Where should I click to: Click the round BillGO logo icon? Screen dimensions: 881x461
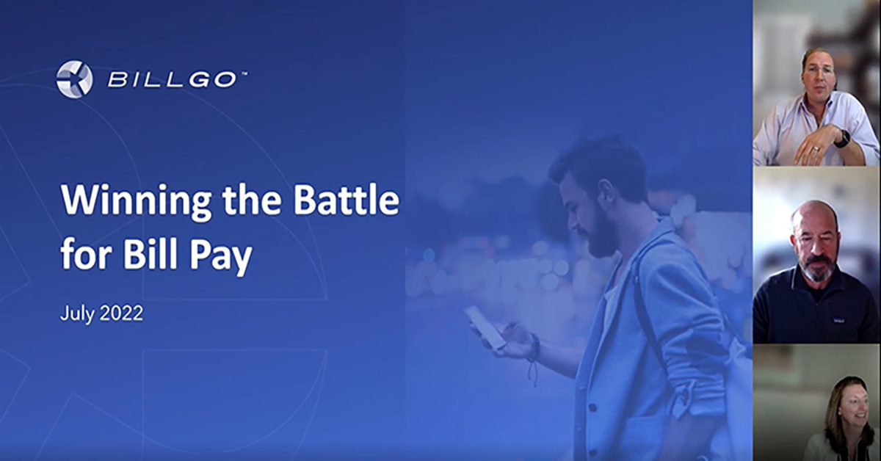tap(74, 79)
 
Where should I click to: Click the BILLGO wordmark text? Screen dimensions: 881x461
tap(173, 80)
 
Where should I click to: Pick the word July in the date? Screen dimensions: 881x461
tap(77, 314)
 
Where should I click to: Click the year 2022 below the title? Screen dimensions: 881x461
tap(122, 314)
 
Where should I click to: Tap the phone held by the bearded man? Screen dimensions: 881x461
tap(485, 327)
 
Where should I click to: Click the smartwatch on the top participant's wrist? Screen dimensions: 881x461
tap(842, 139)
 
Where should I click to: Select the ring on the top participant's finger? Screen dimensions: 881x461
tap(816, 149)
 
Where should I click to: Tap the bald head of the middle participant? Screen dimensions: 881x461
tap(813, 216)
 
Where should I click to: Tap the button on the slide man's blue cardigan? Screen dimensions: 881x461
tap(592, 408)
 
